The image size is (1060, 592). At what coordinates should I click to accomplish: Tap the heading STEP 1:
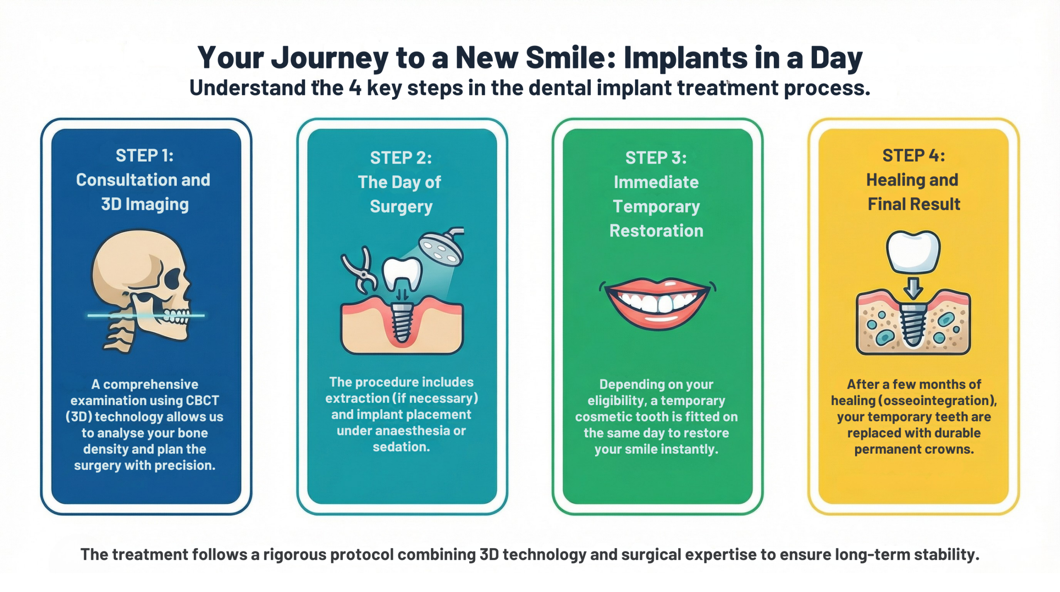pyautogui.click(x=145, y=156)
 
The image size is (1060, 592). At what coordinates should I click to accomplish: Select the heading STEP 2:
pyautogui.click(x=401, y=158)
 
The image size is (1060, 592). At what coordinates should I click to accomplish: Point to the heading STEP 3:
pyautogui.click(x=656, y=158)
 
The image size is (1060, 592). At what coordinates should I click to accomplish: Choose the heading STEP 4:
pyautogui.click(x=913, y=156)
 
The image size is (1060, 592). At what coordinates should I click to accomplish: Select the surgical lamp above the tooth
pyautogui.click(x=441, y=247)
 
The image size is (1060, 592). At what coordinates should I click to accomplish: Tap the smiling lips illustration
pyautogui.click(x=657, y=302)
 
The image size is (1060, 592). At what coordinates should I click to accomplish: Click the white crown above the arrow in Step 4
pyautogui.click(x=913, y=251)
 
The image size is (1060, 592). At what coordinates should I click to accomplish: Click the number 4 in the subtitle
pyautogui.click(x=355, y=88)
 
